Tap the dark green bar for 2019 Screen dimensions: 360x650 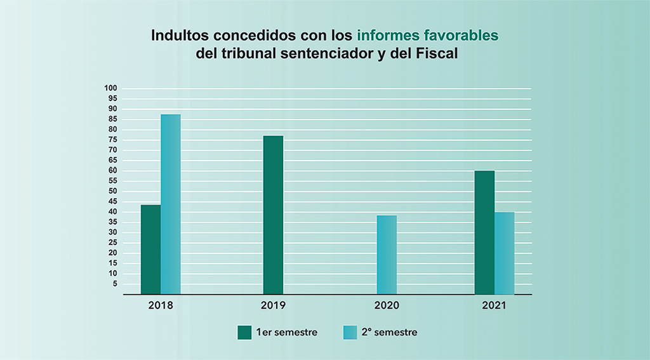[x=274, y=215]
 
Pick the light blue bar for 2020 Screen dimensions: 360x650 [x=387, y=255]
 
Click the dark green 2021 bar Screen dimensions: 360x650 [x=484, y=232]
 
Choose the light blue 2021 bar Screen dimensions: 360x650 [x=505, y=253]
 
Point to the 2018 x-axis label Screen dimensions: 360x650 [x=161, y=305]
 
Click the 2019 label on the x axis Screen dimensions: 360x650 [x=274, y=305]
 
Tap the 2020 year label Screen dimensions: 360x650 [x=387, y=305]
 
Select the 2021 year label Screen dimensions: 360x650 [x=494, y=305]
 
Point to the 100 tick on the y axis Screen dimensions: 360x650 [x=112, y=88]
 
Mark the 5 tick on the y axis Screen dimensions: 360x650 [x=115, y=284]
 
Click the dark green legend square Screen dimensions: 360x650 [x=245, y=332]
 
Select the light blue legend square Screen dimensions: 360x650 [x=350, y=332]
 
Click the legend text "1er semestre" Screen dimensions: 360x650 [x=287, y=332]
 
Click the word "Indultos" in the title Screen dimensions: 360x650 [x=178, y=36]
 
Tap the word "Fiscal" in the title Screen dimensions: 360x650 [x=437, y=54]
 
